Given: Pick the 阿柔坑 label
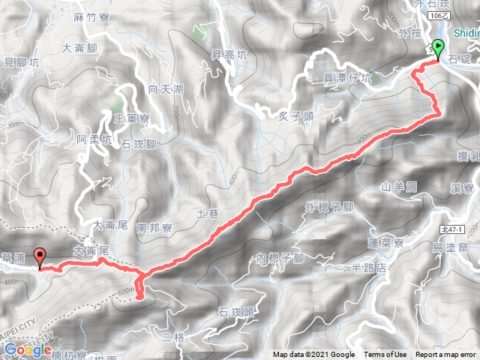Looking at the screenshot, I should [x=94, y=139].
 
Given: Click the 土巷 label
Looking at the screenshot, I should [x=208, y=214].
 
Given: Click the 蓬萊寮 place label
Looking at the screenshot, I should [x=387, y=243].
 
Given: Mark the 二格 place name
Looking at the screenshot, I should [x=172, y=337].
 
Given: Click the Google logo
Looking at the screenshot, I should [x=28, y=349].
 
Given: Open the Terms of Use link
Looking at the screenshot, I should [x=385, y=355].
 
